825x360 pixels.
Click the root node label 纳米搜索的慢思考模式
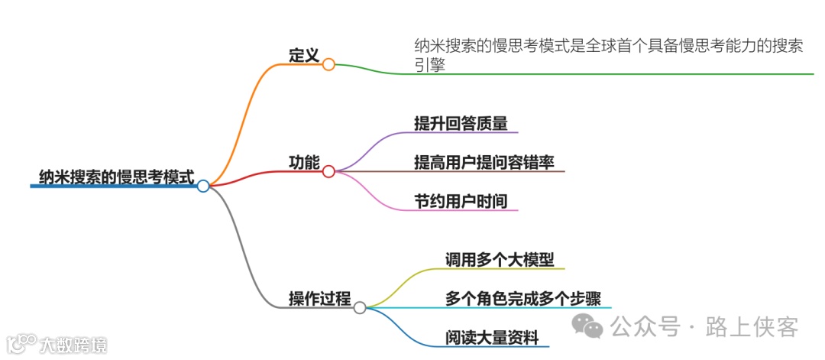point(117,177)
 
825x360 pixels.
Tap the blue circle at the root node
point(202,186)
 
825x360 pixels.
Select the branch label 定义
point(303,56)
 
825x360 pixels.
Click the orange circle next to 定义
point(328,65)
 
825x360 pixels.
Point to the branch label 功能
point(303,162)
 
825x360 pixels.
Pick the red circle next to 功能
point(328,171)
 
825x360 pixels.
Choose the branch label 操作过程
point(319,298)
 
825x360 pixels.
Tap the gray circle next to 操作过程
point(360,307)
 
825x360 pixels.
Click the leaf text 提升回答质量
point(461,123)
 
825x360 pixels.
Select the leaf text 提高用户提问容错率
point(484,162)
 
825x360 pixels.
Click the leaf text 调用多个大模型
point(500,259)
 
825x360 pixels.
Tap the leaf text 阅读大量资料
point(492,337)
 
